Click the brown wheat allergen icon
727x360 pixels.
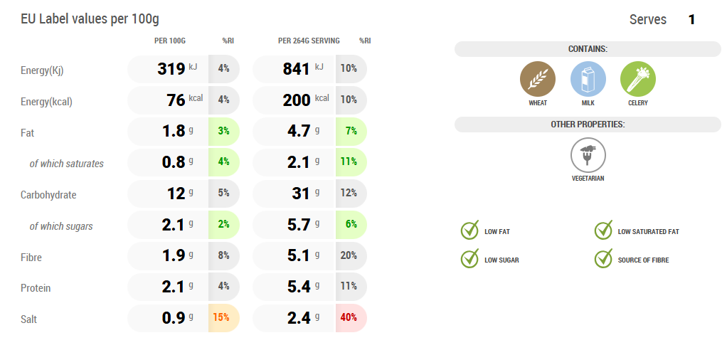point(538,78)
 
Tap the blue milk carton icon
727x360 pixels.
point(588,78)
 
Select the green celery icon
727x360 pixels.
point(637,78)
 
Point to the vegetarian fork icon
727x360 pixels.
point(588,154)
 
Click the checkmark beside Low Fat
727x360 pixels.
point(469,231)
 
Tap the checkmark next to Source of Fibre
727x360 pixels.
point(603,259)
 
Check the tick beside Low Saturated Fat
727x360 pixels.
point(603,231)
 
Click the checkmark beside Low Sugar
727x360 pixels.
point(469,259)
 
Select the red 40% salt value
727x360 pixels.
point(349,317)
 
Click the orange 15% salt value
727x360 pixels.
point(223,317)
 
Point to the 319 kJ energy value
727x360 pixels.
point(171,69)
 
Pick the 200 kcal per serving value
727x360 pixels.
point(297,100)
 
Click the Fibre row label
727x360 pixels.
point(31,257)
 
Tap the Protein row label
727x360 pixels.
point(36,288)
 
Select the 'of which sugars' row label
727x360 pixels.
point(60,226)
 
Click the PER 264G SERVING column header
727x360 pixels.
point(309,41)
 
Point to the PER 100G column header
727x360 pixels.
point(170,41)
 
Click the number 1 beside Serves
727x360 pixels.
point(691,20)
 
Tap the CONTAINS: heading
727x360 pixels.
point(588,49)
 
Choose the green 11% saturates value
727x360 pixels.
point(349,162)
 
